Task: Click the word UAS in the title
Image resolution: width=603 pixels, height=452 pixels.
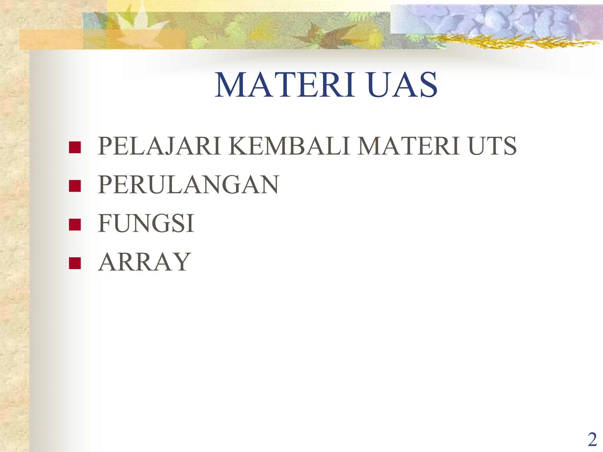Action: tap(402, 85)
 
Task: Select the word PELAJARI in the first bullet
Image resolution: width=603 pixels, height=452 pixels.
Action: tap(159, 146)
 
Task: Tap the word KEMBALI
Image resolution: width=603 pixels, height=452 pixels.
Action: tap(289, 146)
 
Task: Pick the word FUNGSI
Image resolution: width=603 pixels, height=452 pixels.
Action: tap(146, 223)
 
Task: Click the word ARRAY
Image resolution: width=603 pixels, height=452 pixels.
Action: tap(145, 262)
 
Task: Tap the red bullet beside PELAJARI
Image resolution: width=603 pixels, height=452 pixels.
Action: tap(75, 147)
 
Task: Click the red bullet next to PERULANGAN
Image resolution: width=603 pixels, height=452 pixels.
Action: tap(75, 186)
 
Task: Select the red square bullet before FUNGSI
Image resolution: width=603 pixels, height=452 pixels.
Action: tap(75, 225)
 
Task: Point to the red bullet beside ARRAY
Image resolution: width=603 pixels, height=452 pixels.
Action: tap(75, 263)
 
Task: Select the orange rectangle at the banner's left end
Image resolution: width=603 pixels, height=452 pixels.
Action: tap(50, 39)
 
